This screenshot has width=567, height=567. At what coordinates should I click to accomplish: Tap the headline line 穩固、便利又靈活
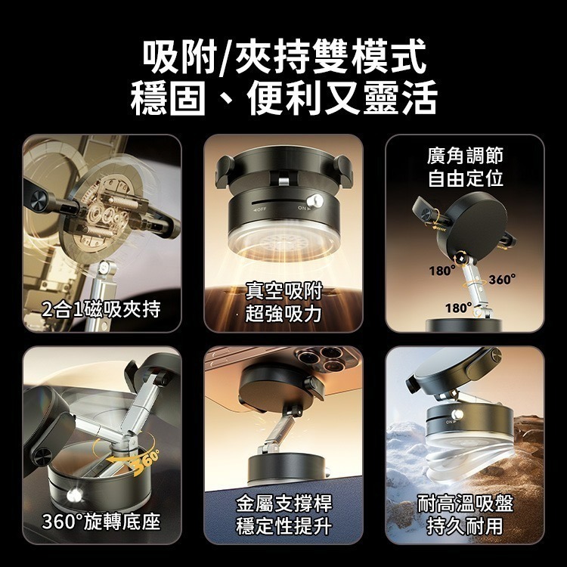[283, 99]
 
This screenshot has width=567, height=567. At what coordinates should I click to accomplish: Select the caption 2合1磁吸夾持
[101, 308]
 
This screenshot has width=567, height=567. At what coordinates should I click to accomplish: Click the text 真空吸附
[283, 290]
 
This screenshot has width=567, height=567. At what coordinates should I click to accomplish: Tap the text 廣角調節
[464, 155]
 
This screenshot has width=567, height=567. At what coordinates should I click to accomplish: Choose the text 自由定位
[464, 179]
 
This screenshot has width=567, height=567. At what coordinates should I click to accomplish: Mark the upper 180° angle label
[442, 270]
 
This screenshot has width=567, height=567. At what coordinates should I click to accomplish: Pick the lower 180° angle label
[459, 308]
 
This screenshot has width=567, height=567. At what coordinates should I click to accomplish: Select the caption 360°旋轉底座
[101, 522]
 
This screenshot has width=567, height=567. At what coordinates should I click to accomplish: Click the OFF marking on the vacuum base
[260, 207]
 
